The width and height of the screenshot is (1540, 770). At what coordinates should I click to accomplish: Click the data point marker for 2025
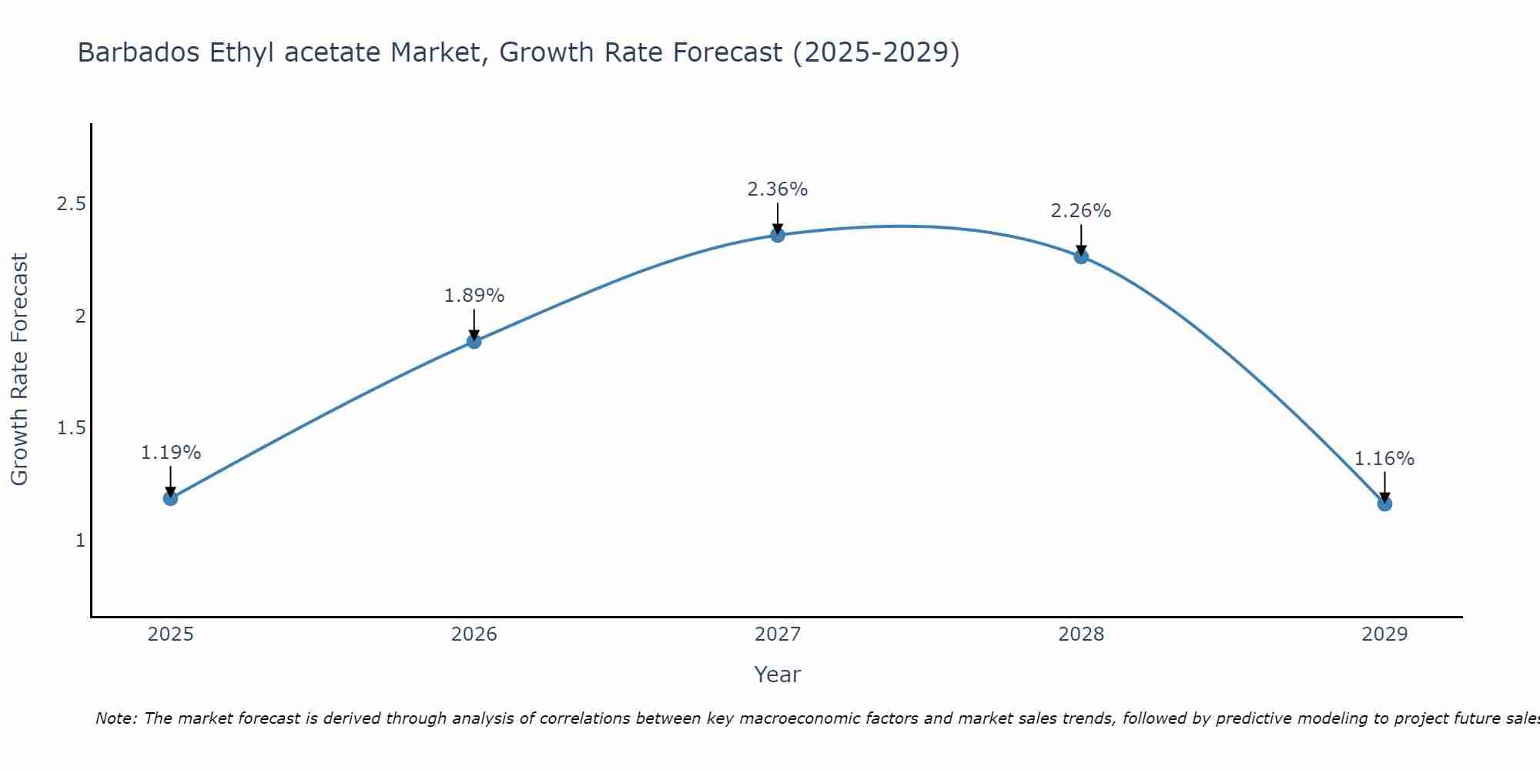(x=170, y=498)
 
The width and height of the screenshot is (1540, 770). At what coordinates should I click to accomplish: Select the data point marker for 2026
(x=474, y=341)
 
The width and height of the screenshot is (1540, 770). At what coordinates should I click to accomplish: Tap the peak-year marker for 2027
(x=778, y=235)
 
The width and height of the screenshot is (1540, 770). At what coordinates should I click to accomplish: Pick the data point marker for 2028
(x=1081, y=256)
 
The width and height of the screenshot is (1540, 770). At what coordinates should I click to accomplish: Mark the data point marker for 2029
(x=1384, y=504)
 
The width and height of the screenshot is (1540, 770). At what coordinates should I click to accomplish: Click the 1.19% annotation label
(x=170, y=453)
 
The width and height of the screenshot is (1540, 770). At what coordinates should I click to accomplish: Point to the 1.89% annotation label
(x=474, y=296)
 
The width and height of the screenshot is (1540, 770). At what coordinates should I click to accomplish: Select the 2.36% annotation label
(x=778, y=189)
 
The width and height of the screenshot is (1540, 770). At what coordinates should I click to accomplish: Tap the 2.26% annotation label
(x=1081, y=211)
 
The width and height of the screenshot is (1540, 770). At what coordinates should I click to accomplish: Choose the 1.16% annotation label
(x=1384, y=459)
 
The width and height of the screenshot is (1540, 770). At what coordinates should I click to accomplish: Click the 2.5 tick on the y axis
(x=71, y=204)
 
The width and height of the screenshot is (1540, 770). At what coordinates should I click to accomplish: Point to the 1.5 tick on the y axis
(x=71, y=428)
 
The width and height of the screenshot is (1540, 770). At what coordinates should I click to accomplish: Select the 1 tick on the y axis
(x=80, y=541)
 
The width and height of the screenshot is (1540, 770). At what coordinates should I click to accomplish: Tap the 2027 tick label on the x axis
(x=778, y=634)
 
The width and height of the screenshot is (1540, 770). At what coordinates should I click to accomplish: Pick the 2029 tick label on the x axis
(x=1384, y=634)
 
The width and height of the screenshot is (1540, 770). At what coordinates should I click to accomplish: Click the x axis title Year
(x=778, y=675)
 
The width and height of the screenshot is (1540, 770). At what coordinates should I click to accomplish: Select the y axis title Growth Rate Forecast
(x=19, y=369)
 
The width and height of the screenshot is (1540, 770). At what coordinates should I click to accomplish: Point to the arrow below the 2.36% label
(x=778, y=217)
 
